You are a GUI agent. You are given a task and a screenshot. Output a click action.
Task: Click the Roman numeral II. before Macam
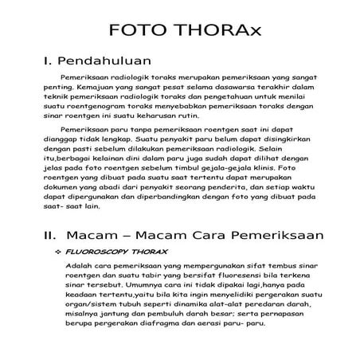[49, 236]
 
